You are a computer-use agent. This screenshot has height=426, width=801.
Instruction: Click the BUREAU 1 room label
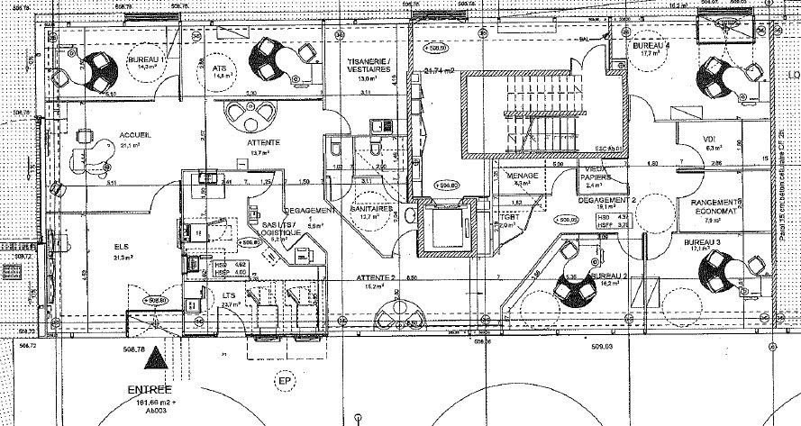coord(151,58)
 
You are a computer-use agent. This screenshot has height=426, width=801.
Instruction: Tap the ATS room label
coord(219,68)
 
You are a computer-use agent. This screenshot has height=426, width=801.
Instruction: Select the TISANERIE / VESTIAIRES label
coord(368,65)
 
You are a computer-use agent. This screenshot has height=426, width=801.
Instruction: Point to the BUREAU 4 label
coord(651,45)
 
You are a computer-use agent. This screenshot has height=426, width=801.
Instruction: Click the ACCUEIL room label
coord(134,135)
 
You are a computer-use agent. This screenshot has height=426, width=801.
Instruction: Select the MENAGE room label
coord(523,175)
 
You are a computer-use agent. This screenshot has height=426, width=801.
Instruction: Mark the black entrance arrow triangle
coord(157,358)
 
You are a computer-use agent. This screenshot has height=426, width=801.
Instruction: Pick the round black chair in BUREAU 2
coord(573,288)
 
